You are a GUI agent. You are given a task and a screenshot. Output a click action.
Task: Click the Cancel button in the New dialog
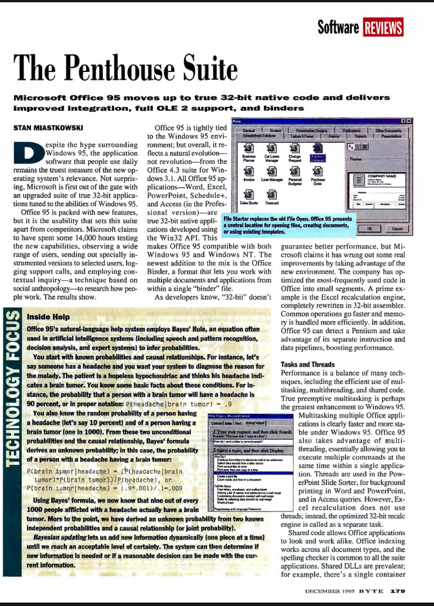[397, 229]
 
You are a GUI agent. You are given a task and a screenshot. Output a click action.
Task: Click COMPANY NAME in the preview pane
[383, 176]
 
